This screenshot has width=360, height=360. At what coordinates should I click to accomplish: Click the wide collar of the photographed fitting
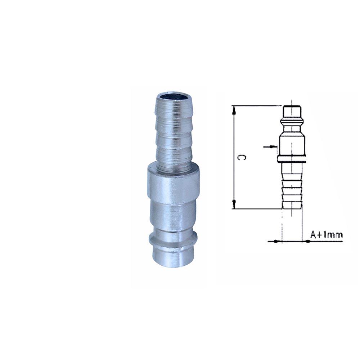point(173,184)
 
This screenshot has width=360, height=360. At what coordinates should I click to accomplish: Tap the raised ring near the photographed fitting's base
point(173,239)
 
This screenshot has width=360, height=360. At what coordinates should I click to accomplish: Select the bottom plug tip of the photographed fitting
point(173,257)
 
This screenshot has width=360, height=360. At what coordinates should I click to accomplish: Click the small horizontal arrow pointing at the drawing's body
point(270,147)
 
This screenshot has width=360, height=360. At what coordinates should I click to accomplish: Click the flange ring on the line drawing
point(292,159)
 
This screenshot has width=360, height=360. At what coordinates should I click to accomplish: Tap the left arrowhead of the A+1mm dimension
point(276,241)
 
